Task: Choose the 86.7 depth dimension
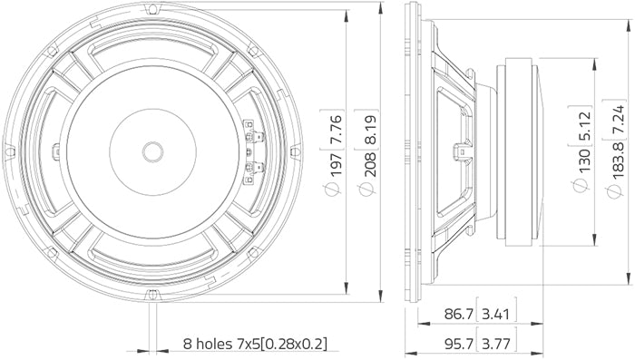point(455,316)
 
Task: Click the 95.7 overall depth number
point(455,344)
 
